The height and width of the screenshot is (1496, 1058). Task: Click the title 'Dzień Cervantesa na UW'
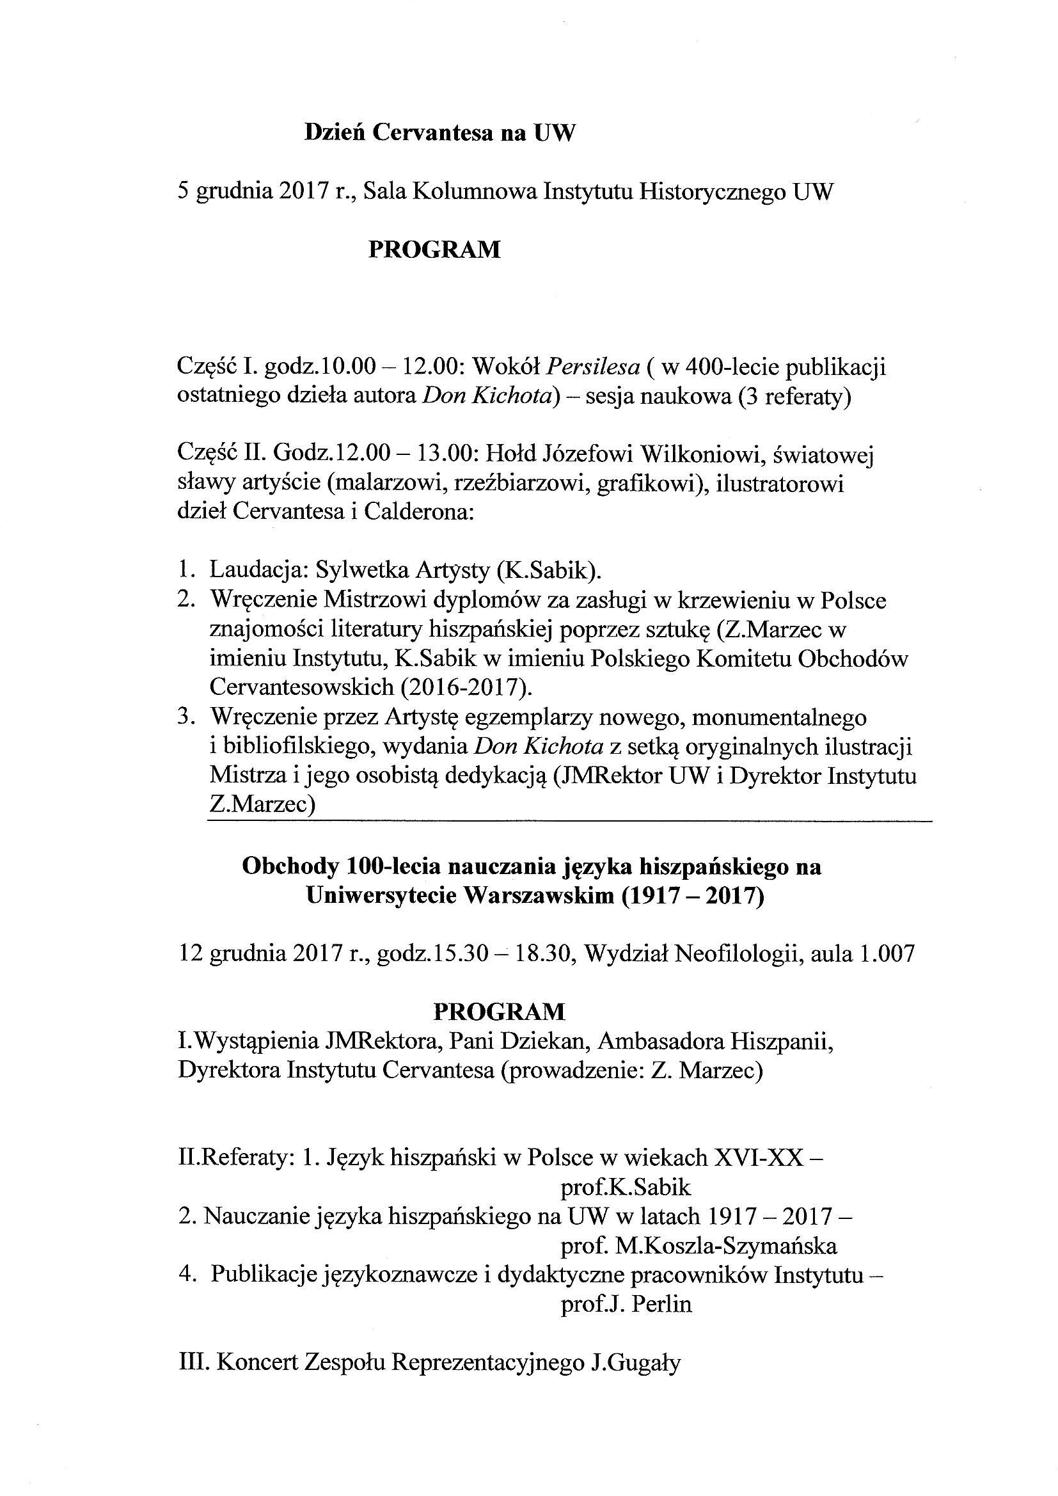pos(440,134)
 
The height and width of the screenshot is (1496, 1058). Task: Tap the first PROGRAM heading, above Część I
pos(434,250)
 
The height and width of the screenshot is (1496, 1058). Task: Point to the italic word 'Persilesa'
pos(592,368)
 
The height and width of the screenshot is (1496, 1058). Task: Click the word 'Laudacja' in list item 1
pos(257,570)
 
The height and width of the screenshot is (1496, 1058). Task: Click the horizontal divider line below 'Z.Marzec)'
pos(569,823)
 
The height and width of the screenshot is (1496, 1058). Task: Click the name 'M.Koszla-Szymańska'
pos(725,1246)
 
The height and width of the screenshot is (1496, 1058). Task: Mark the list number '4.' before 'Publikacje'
pos(187,1275)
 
